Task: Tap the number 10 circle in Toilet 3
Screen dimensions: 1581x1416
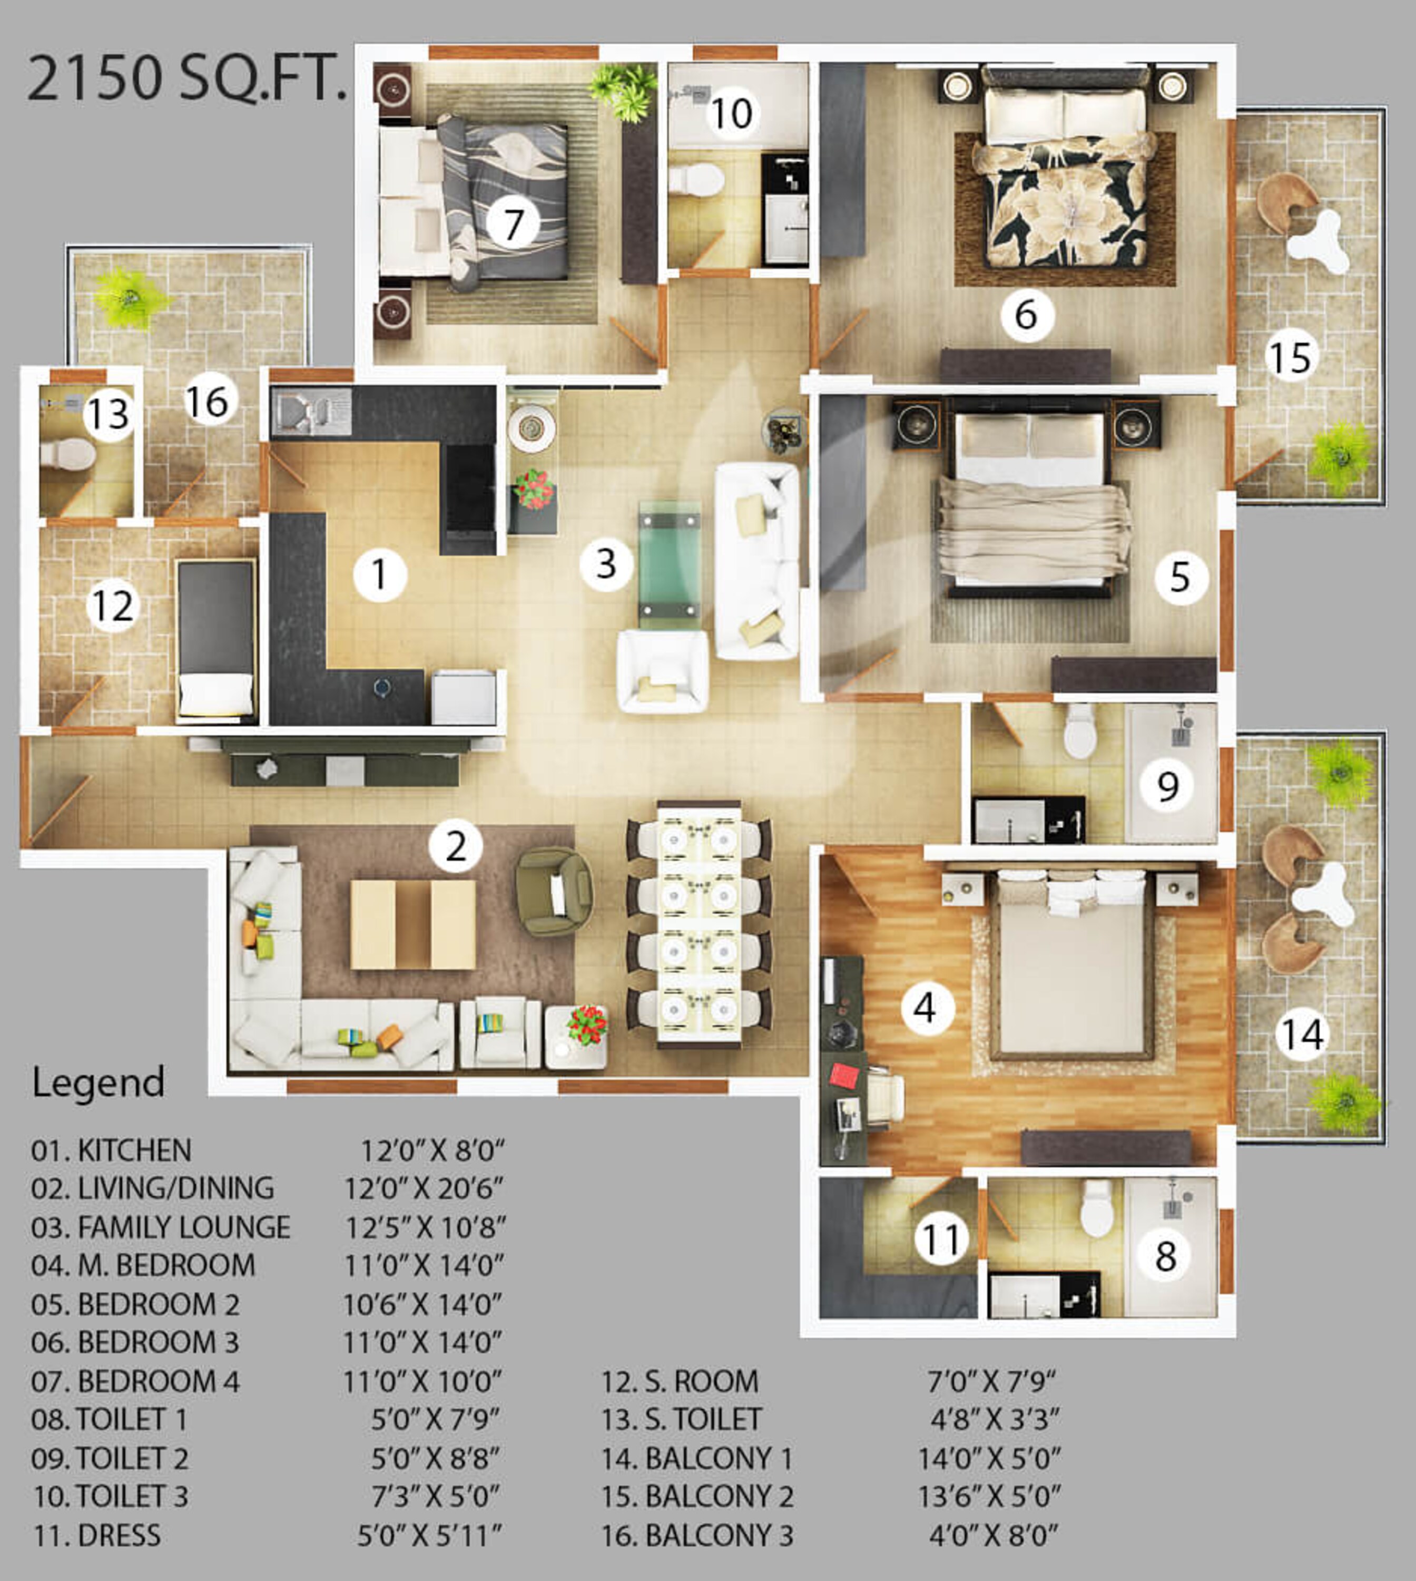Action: [x=731, y=114]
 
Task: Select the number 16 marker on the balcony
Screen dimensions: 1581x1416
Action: [x=208, y=402]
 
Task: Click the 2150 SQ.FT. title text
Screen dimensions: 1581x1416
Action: [x=186, y=78]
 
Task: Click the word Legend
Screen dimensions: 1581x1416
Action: [x=98, y=1082]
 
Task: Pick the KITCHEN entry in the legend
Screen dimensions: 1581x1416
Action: [x=111, y=1150]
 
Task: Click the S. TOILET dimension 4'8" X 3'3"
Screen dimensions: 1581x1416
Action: [x=995, y=1419]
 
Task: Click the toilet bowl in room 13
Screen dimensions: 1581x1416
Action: [x=68, y=455]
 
